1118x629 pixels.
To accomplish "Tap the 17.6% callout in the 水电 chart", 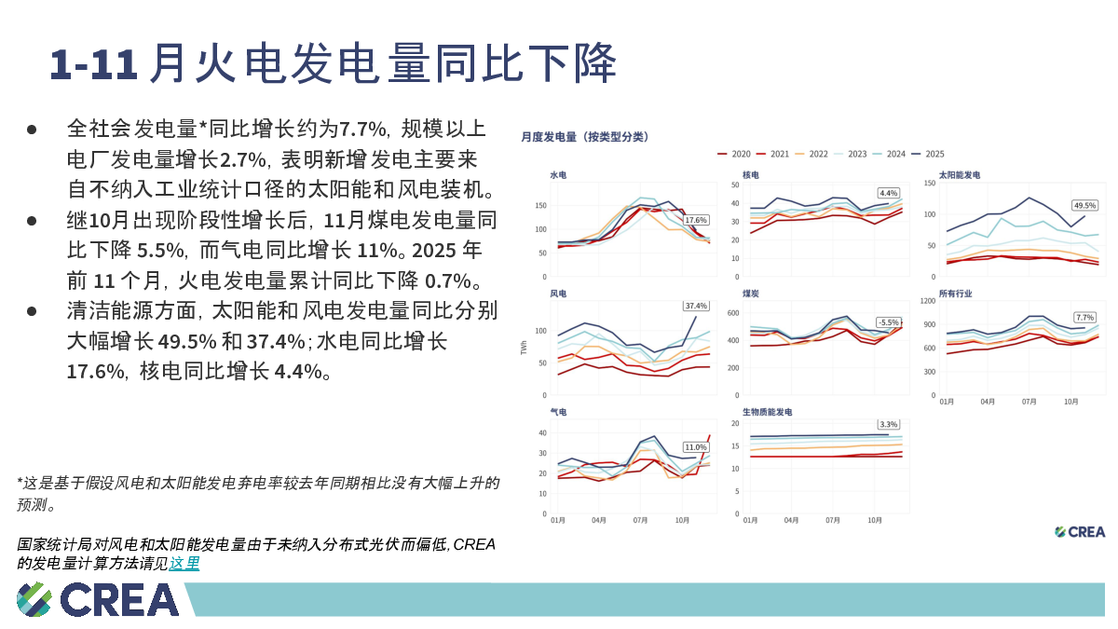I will (696, 220).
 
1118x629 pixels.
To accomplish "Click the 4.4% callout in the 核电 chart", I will (888, 193).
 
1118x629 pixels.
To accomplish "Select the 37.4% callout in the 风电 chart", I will (696, 306).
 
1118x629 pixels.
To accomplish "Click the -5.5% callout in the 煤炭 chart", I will (888, 322).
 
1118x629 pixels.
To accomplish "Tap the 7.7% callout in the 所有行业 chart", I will (1084, 317).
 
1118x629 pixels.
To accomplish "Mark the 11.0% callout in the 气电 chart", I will (696, 447).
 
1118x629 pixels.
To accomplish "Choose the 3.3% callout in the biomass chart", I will (888, 424).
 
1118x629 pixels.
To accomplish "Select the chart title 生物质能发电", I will (768, 412).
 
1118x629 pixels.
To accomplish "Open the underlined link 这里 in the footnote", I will (184, 563).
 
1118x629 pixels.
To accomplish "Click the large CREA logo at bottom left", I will (98, 599).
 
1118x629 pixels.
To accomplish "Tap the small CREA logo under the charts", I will (1080, 532).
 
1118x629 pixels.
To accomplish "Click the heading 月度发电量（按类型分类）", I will (584, 137).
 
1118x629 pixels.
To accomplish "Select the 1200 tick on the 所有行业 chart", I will (927, 301).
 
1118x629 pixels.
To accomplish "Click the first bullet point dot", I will (32, 129).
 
